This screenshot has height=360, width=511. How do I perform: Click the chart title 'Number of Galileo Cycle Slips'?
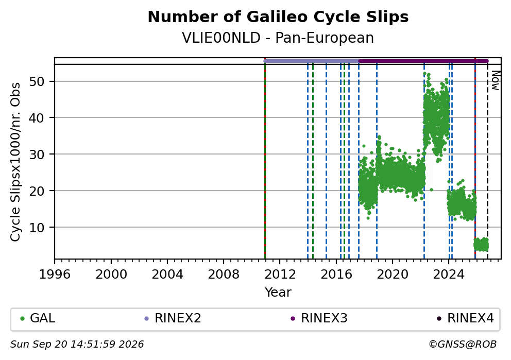pyautogui.click(x=278, y=17)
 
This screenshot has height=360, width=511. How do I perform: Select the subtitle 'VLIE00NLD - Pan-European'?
pyautogui.click(x=278, y=38)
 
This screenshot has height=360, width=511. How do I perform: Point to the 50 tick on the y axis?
pyautogui.click(x=37, y=81)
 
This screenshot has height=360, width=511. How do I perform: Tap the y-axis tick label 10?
pyautogui.click(x=37, y=228)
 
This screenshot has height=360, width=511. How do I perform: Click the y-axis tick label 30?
pyautogui.click(x=37, y=155)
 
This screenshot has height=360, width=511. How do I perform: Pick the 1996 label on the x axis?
pyautogui.click(x=55, y=275)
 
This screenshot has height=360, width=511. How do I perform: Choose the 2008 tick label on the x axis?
pyautogui.click(x=224, y=275)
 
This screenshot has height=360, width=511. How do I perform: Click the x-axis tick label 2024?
pyautogui.click(x=449, y=275)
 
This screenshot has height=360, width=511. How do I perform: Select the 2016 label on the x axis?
pyautogui.click(x=336, y=275)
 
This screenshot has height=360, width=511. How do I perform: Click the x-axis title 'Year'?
pyautogui.click(x=278, y=292)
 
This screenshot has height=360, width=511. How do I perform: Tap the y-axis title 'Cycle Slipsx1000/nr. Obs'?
pyautogui.click(x=15, y=162)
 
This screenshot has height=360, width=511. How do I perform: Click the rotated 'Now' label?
pyautogui.click(x=496, y=80)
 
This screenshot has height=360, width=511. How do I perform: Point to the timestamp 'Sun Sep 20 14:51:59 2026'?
pyautogui.click(x=77, y=345)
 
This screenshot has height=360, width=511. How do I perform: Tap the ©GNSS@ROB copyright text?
pyautogui.click(x=463, y=345)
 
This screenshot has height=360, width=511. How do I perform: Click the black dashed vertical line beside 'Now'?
pyautogui.click(x=487, y=160)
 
